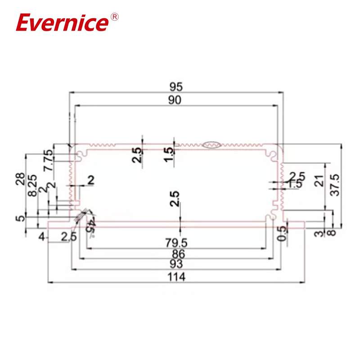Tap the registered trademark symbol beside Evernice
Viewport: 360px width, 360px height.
[x=114, y=17]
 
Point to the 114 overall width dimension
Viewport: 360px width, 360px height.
[x=176, y=277]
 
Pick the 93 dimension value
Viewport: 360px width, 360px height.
[x=176, y=265]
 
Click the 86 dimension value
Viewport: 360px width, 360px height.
[x=176, y=254]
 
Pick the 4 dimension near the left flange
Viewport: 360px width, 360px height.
[x=42, y=237]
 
